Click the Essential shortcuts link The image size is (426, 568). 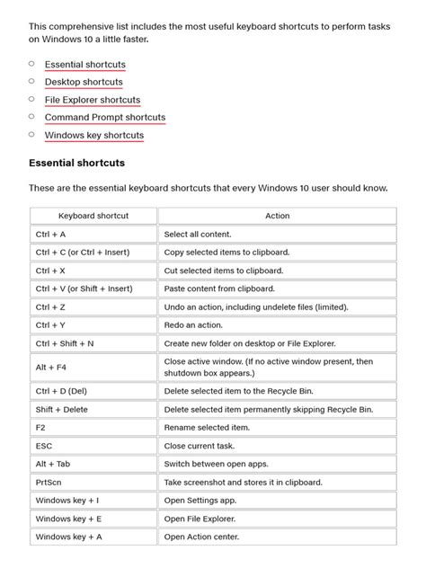84,65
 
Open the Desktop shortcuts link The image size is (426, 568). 84,82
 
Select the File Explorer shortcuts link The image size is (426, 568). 92,100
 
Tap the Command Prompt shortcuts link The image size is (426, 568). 104,117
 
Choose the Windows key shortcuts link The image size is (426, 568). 93,135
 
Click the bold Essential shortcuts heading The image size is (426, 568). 76,164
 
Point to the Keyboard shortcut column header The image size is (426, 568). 93,216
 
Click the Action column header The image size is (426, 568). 277,216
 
